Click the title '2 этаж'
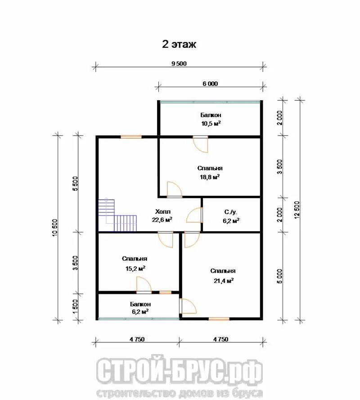[179, 44]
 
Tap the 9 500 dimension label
[179, 63]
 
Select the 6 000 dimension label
[210, 84]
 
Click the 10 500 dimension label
[55, 228]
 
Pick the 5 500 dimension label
[75, 184]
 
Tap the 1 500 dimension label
[75, 306]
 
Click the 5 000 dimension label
[279, 276]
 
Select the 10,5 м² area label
[211, 124]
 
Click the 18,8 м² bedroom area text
[210, 177]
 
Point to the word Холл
[163, 211]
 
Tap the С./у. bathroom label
[231, 212]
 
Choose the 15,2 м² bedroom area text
[135, 268]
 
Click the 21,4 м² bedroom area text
[224, 281]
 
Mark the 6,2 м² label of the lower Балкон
[140, 311]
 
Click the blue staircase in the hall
[117, 215]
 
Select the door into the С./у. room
[195, 215]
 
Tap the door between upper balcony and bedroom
[201, 144]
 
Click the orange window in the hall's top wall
[131, 137]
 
